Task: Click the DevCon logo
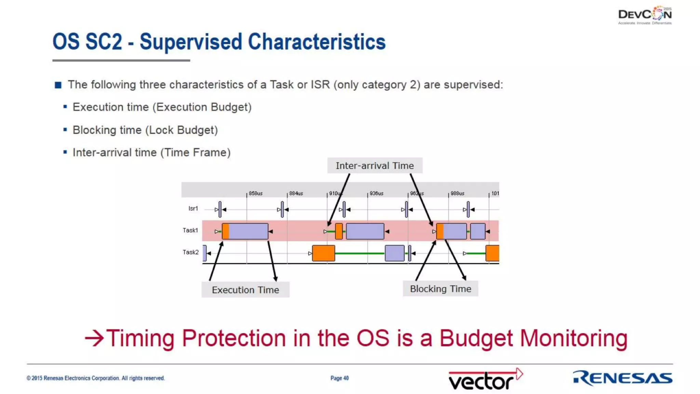coord(645,15)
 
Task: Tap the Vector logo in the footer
coord(485,379)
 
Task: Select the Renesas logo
coord(622,378)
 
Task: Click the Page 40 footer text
coord(339,378)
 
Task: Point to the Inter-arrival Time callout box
coord(375,166)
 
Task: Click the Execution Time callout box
coord(245,290)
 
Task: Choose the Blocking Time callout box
coord(440,289)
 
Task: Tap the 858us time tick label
coord(256,193)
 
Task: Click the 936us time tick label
coord(376,193)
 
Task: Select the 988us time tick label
coord(457,193)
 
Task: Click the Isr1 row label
coord(193,208)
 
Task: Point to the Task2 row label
coord(190,252)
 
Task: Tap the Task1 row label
coord(190,230)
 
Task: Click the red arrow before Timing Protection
coord(94,338)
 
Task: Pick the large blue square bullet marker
coord(58,85)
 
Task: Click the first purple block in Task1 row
coord(248,231)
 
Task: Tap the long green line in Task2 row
coord(360,253)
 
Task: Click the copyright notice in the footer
coord(96,378)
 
